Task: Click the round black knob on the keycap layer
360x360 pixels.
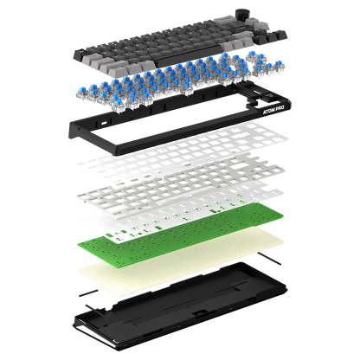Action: point(242,15)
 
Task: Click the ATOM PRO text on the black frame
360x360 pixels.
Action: point(273,110)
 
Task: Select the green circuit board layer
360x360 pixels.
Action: point(180,235)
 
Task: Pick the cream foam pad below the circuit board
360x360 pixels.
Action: point(181,261)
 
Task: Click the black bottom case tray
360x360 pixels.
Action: point(179,305)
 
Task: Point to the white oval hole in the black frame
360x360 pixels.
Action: point(104,123)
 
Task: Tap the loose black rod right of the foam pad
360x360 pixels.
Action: point(269,258)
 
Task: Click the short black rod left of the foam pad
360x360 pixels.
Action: point(88,292)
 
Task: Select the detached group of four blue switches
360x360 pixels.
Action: point(266,66)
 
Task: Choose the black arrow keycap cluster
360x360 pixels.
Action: point(271,37)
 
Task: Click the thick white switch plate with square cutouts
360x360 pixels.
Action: point(181,183)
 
